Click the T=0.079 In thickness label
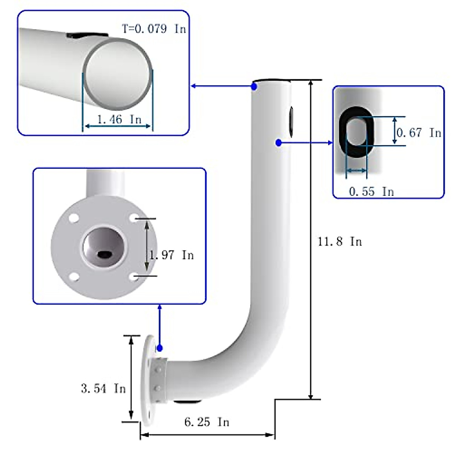click(x=154, y=29)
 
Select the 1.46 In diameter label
click(x=119, y=120)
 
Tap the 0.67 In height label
click(x=419, y=133)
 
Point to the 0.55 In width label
click(x=371, y=191)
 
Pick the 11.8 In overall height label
click(x=340, y=241)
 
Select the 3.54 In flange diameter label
click(x=103, y=388)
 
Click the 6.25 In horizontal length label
click(x=207, y=422)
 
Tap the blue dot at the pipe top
click(x=254, y=86)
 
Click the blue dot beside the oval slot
click(x=279, y=143)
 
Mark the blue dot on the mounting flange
click(x=160, y=348)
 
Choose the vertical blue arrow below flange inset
click(x=160, y=325)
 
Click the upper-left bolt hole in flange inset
click(x=74, y=218)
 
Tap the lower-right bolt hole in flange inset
click(x=133, y=277)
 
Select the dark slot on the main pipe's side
click(x=291, y=121)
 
